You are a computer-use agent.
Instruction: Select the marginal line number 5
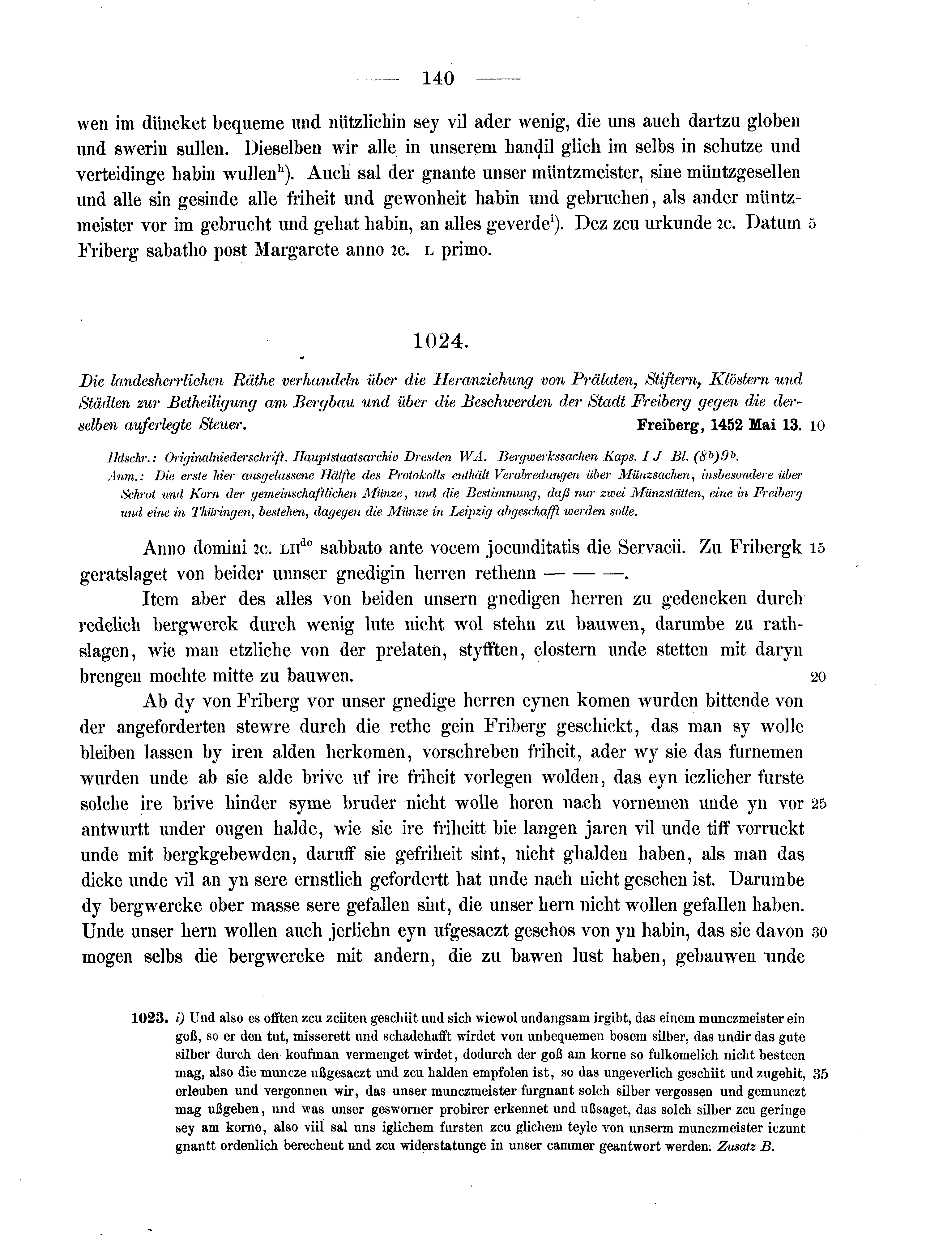click(x=813, y=224)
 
